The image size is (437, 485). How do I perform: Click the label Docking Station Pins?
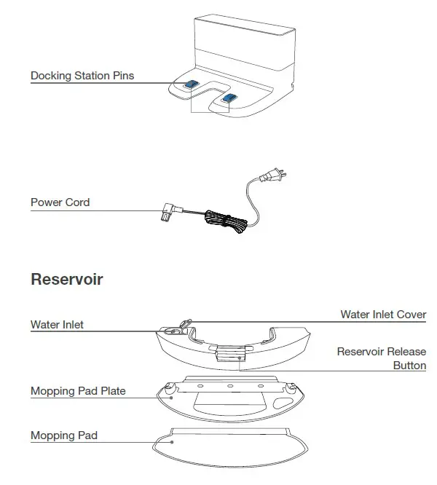tap(82, 76)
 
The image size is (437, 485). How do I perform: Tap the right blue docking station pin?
tap(229, 98)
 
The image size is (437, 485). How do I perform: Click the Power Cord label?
tap(60, 202)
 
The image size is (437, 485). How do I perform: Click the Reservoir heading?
tap(67, 280)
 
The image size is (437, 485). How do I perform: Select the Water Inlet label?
tap(57, 325)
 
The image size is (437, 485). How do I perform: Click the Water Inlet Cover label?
tap(383, 315)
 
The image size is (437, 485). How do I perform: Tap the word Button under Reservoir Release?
tap(409, 366)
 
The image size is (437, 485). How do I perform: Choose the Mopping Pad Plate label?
tap(78, 391)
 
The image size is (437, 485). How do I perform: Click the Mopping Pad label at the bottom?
tap(64, 435)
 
